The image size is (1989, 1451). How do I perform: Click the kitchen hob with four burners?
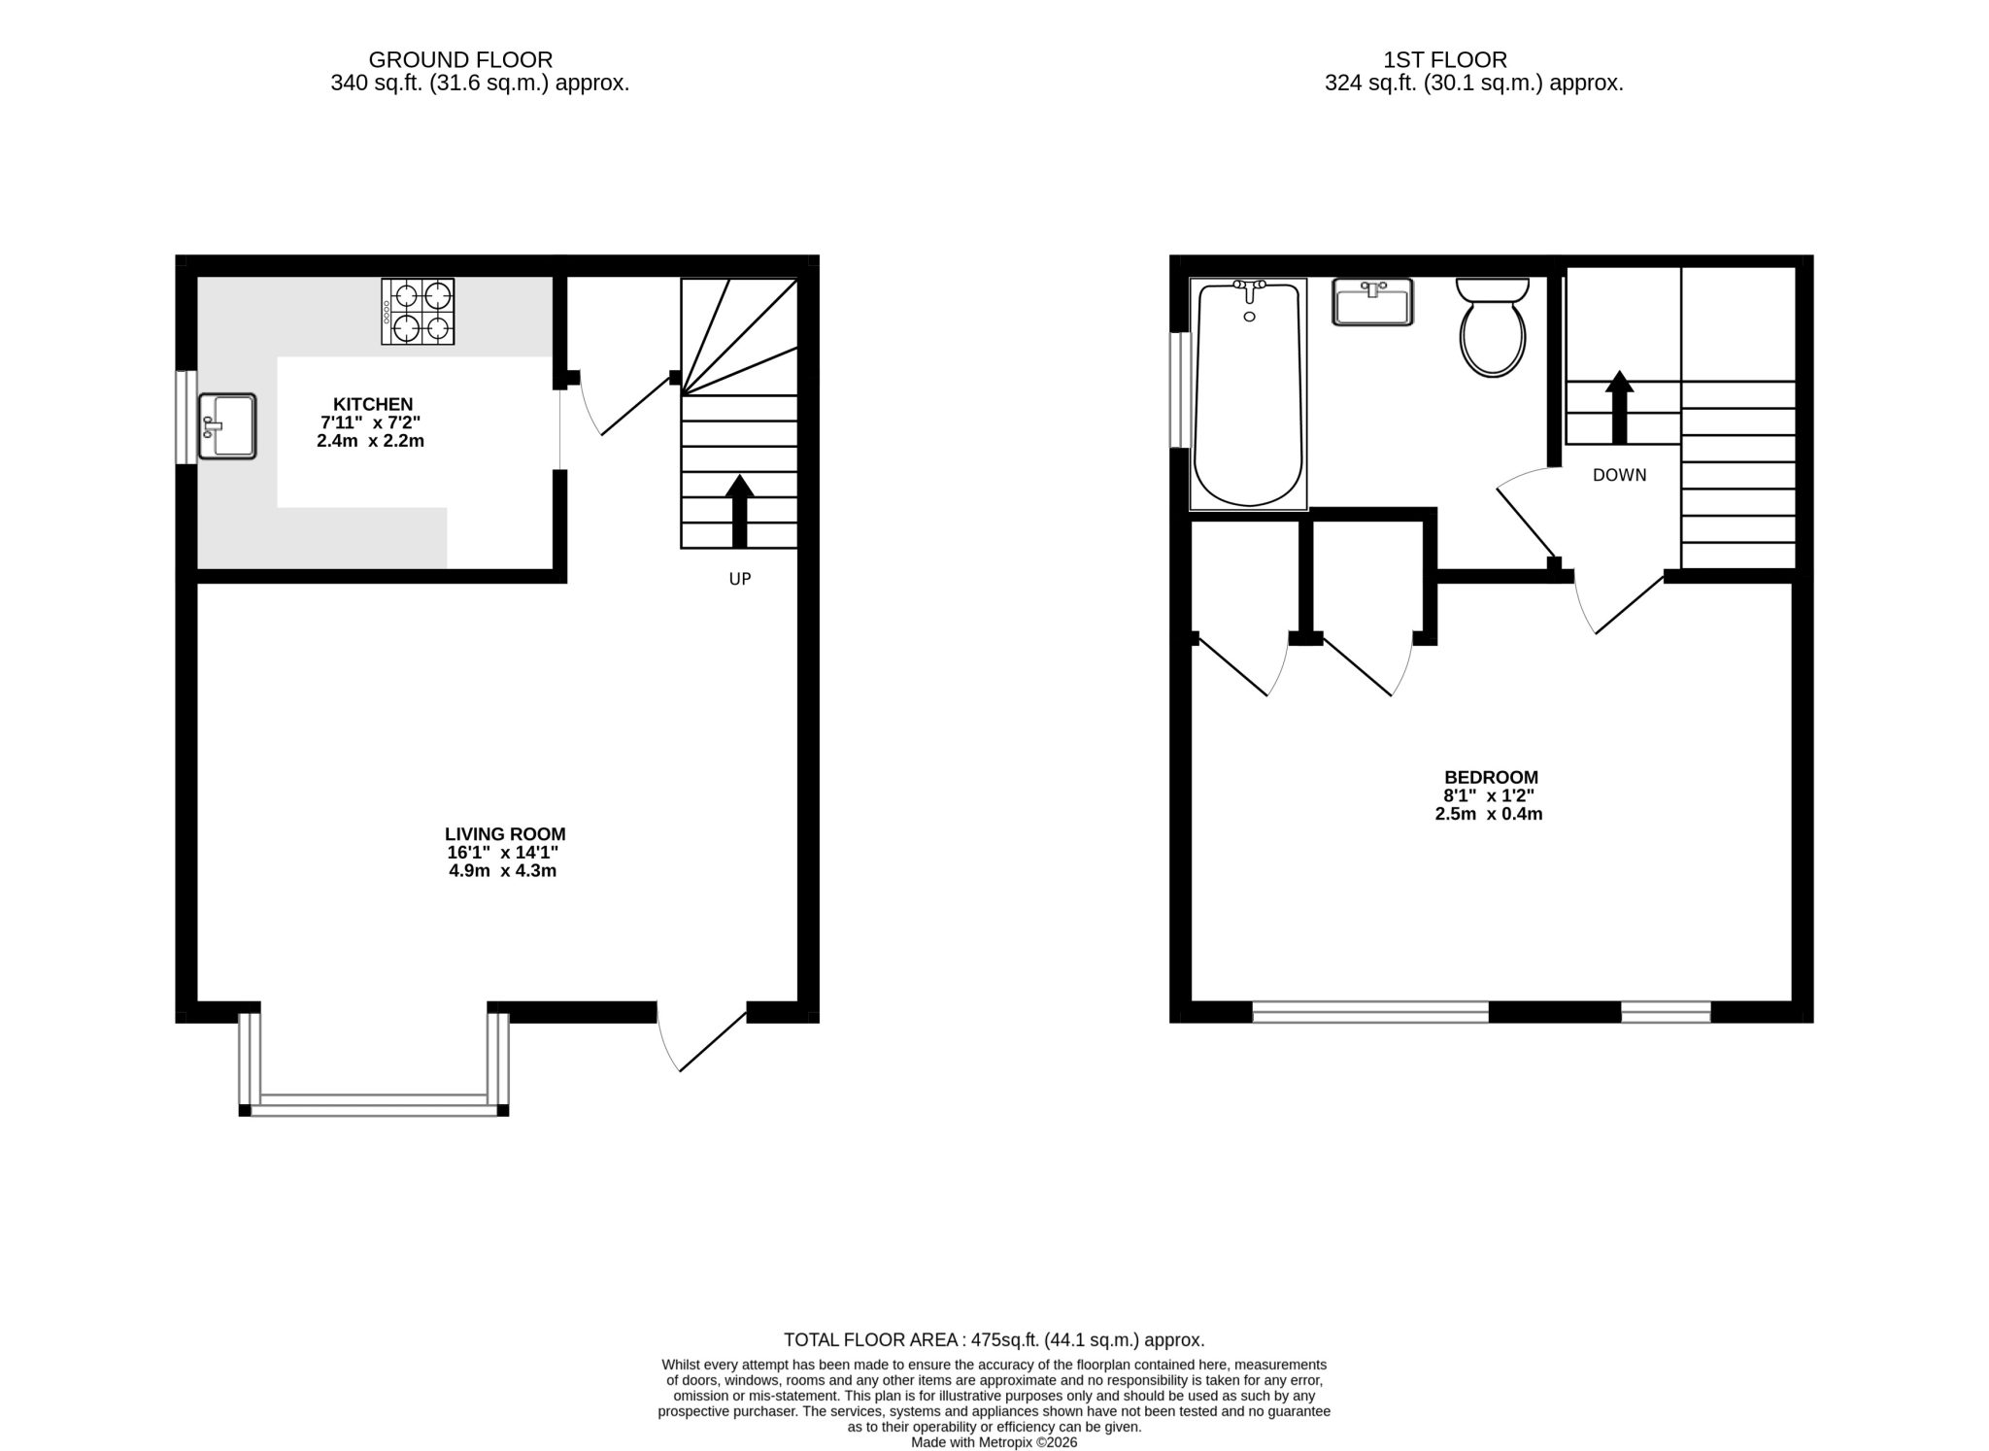418,311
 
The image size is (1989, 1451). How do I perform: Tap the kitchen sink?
227,425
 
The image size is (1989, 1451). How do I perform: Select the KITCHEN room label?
373,404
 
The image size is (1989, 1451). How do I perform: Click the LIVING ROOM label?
505,833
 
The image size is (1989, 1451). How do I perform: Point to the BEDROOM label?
1491,777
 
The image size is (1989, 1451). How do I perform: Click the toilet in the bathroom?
1493,327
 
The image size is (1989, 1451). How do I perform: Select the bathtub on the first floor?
1249,393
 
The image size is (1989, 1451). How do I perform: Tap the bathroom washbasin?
1372,302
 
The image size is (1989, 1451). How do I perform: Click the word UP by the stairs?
740,579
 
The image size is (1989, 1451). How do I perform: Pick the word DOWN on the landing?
1620,475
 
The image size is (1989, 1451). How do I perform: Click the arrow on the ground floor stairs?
740,511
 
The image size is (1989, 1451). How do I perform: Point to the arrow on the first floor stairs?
1619,407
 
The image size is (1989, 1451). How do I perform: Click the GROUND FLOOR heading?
460,60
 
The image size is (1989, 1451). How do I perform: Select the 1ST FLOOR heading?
1445,60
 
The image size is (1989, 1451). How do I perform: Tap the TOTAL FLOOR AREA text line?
994,1340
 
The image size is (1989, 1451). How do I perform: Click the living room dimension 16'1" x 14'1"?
503,853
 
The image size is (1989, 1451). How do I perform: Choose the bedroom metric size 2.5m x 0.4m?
1489,814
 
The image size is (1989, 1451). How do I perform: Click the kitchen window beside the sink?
186,418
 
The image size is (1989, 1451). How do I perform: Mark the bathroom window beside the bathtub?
1181,389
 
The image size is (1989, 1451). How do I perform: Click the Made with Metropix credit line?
994,1442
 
